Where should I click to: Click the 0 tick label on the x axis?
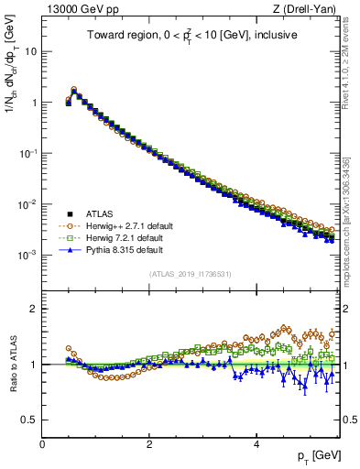pyautogui.click(x=43, y=444)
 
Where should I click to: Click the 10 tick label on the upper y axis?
pyautogui.click(x=29, y=51)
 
